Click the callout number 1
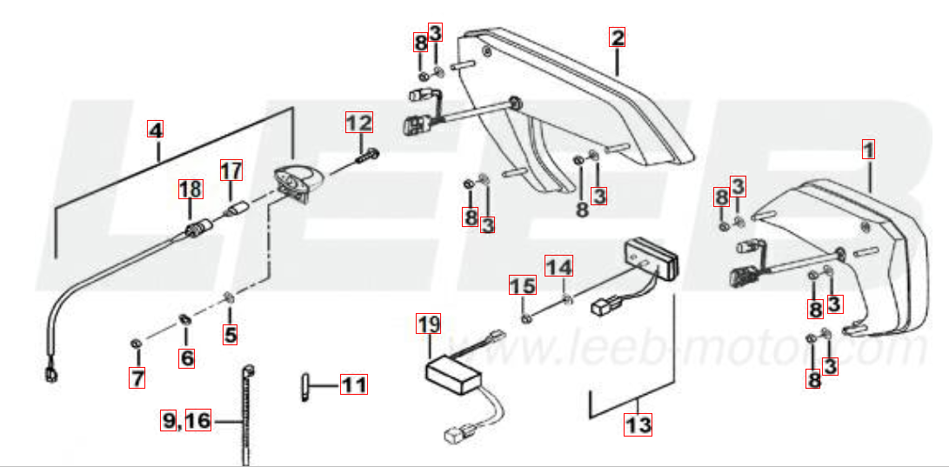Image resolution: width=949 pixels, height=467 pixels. pos(868,150)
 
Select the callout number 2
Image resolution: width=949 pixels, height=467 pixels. pos(617,37)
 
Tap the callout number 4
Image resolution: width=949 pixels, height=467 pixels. pos(156,130)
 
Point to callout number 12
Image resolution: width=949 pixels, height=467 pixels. pos(359,123)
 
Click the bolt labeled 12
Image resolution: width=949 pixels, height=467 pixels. pos(365,157)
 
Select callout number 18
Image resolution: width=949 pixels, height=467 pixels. pos(190,190)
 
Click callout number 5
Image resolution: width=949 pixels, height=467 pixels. pos(230,334)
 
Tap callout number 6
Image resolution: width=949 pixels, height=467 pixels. pos(187,358)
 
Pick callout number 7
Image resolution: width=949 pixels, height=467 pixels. pos(137,378)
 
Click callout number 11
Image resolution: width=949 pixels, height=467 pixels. pos(354,384)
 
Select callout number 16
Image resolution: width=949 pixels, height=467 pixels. pos(198,420)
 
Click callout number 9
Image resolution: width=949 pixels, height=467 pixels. pos(168,420)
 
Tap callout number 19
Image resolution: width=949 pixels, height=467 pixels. pos(429,324)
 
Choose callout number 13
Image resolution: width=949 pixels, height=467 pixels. pos(638,425)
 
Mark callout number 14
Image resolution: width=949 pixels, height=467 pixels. pos(559,265)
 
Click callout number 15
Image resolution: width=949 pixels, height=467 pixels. pos(522,286)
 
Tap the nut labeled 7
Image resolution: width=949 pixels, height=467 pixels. pos(137,344)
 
